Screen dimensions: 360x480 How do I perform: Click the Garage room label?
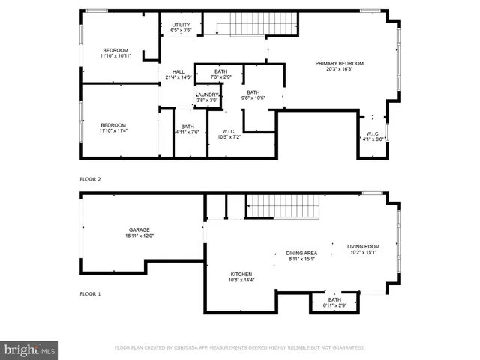pyautogui.click(x=139, y=230)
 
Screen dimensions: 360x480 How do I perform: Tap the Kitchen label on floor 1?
pyautogui.click(x=241, y=274)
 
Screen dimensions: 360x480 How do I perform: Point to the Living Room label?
pyautogui.click(x=363, y=246)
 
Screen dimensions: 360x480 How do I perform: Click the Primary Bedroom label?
pyautogui.click(x=339, y=63)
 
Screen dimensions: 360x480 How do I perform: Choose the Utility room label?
pyautogui.click(x=181, y=25)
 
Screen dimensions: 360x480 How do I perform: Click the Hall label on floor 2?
pyautogui.click(x=178, y=71)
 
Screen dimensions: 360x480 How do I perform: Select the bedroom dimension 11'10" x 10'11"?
pyautogui.click(x=115, y=56)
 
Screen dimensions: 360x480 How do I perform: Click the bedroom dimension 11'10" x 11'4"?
pyautogui.click(x=115, y=131)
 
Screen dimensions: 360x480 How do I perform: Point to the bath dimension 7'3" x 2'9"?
pyautogui.click(x=220, y=77)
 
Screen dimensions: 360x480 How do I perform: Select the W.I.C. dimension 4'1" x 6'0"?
pyautogui.click(x=373, y=139)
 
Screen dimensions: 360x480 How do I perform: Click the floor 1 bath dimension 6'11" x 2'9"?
pyautogui.click(x=334, y=306)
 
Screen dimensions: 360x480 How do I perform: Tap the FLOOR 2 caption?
pyautogui.click(x=90, y=180)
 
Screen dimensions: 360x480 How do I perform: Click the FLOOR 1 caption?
pyautogui.click(x=90, y=294)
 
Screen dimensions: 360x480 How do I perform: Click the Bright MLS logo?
pyautogui.click(x=29, y=349)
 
